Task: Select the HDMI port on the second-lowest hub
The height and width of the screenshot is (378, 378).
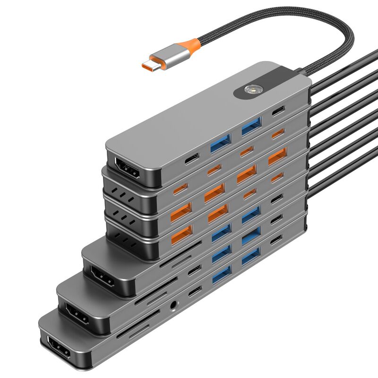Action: tap(77, 314)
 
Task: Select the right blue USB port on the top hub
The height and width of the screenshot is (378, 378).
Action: tap(251, 127)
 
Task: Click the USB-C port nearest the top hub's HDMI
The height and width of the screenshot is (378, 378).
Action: tap(192, 158)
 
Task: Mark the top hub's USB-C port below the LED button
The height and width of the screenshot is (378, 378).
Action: tap(278, 112)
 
